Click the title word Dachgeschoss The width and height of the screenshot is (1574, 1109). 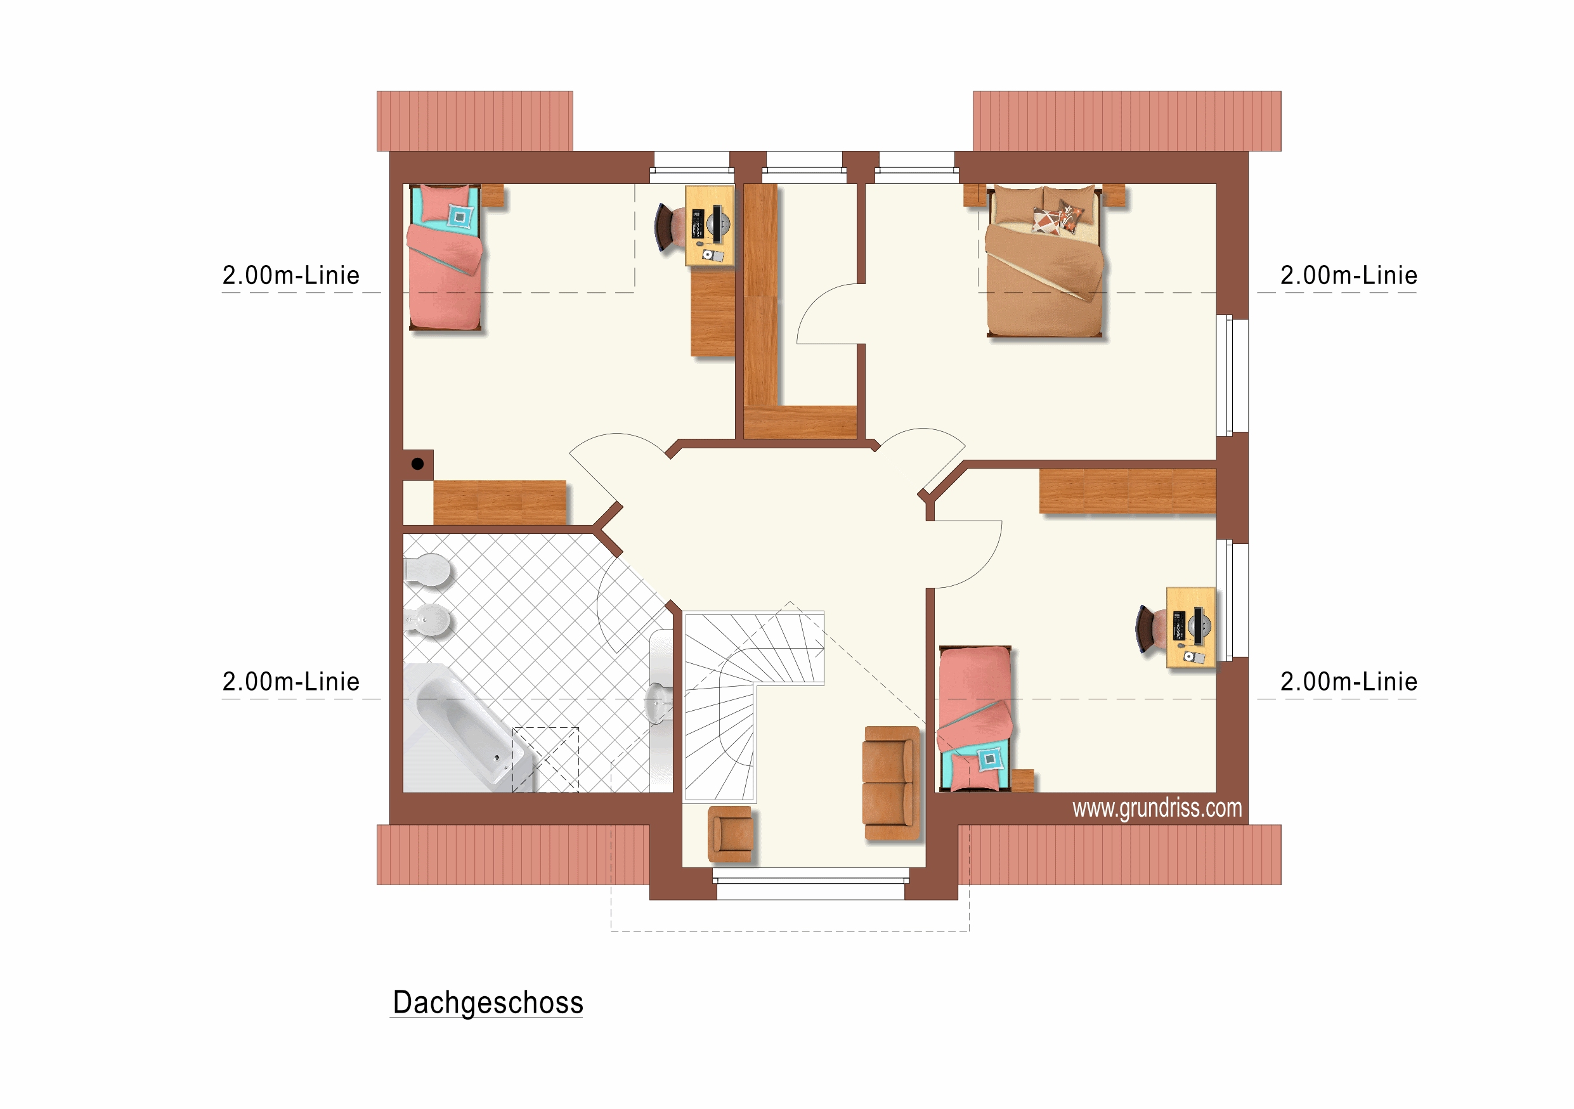[x=488, y=1002]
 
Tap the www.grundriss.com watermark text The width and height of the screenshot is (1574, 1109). [x=1157, y=809]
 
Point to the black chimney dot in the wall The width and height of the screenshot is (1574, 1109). [x=417, y=464]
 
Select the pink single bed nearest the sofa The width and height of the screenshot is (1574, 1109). [x=974, y=719]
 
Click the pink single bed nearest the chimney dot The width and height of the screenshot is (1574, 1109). [x=445, y=257]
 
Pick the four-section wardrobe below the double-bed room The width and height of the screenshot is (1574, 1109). [x=1128, y=491]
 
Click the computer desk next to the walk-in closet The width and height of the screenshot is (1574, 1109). [x=710, y=226]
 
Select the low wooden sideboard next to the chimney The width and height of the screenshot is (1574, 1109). [x=500, y=502]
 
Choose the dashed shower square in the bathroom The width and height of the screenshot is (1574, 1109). [x=545, y=760]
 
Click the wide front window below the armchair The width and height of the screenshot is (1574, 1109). [x=811, y=884]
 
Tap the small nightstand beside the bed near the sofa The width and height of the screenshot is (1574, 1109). [x=1022, y=781]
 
